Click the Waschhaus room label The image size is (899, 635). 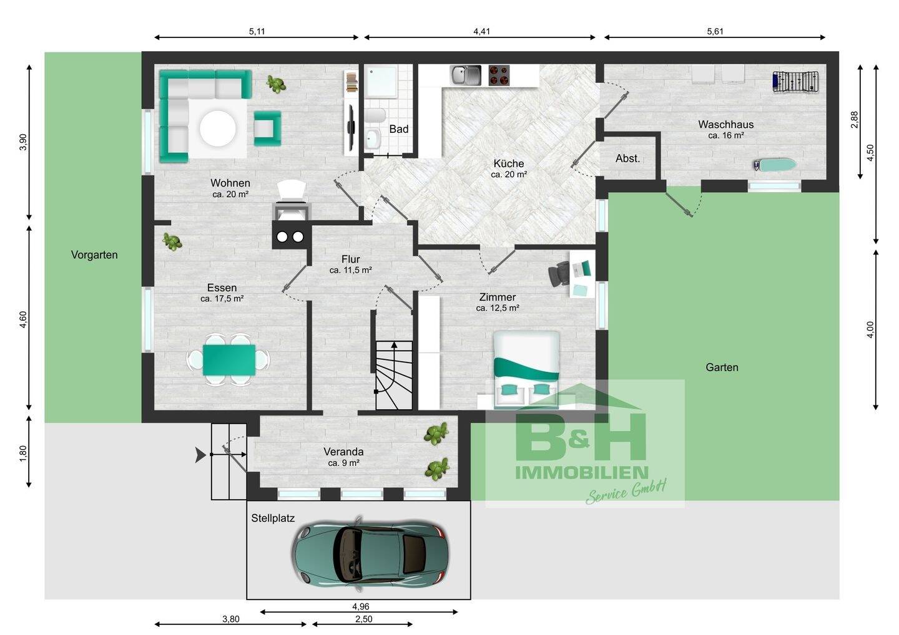[x=725, y=125]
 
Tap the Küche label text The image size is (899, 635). [x=508, y=163]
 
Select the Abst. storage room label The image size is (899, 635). [x=627, y=158]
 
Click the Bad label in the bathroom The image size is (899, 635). [x=398, y=129]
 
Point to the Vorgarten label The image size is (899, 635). [x=94, y=255]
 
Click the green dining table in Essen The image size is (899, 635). [x=229, y=360]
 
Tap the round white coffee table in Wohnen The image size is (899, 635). [x=217, y=128]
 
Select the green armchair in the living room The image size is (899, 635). [x=267, y=128]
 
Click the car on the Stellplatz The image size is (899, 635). [x=370, y=554]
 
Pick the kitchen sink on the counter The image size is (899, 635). [x=466, y=75]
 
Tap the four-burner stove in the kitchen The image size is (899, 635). [x=499, y=75]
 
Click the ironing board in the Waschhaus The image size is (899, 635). [x=775, y=165]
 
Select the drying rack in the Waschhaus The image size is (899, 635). [x=796, y=81]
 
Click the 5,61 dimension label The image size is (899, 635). [x=715, y=31]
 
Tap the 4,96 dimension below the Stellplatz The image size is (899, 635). [x=360, y=606]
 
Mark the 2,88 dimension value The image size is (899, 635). [x=854, y=120]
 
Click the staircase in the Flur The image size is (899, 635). [x=394, y=375]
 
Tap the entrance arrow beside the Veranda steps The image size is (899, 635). [x=200, y=455]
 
